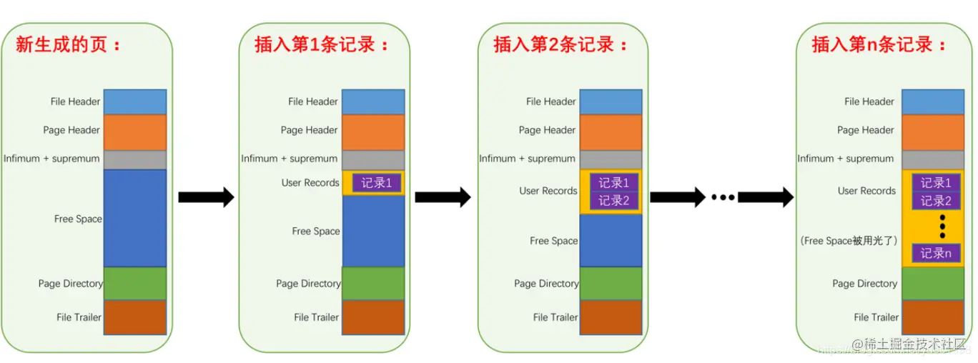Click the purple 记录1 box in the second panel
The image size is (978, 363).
(x=377, y=183)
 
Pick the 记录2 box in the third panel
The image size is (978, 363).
(x=614, y=201)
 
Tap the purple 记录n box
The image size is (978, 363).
(x=936, y=253)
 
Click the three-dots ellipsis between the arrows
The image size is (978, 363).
(x=722, y=197)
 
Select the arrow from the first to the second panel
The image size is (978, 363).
(x=206, y=197)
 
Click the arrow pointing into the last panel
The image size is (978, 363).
(x=766, y=197)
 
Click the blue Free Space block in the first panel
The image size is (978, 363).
(x=135, y=218)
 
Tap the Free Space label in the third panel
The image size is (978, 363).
(x=553, y=241)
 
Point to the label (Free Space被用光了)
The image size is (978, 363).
(x=849, y=241)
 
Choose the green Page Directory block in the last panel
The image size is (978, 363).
(x=933, y=284)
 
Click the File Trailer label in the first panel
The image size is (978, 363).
(x=79, y=317)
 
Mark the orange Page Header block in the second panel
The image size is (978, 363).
(x=373, y=131)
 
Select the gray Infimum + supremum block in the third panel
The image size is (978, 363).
(x=611, y=159)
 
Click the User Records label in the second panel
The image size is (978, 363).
(x=310, y=183)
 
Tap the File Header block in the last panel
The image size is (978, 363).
(x=933, y=101)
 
